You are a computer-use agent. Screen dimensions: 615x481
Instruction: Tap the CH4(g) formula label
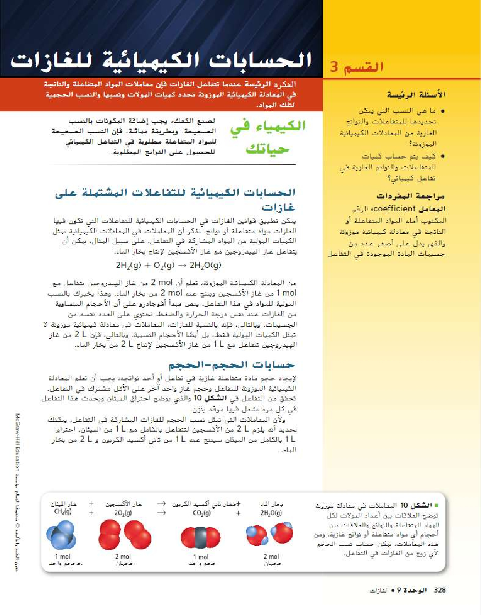[63, 512]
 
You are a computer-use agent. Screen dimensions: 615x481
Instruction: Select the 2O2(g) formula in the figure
[123, 513]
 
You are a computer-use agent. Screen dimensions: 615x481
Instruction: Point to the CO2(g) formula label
[201, 513]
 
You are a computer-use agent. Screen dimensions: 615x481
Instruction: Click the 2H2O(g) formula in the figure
[271, 513]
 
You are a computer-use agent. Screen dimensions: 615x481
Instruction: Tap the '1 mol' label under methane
[63, 556]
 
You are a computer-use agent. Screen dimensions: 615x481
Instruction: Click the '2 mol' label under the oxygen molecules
[123, 556]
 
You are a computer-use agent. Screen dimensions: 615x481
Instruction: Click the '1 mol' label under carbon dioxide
[201, 557]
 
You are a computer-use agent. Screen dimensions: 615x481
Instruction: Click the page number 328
[439, 590]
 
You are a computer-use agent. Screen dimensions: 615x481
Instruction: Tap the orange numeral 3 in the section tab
[334, 67]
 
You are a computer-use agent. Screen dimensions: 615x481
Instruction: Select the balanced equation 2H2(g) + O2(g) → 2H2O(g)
[168, 265]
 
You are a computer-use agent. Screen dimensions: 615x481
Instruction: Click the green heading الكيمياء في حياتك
[268, 137]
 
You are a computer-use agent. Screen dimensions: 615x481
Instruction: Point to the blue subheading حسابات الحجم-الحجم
[231, 365]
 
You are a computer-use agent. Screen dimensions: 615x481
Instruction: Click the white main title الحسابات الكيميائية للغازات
[161, 61]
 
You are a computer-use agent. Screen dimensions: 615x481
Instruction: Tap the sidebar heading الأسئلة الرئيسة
[416, 95]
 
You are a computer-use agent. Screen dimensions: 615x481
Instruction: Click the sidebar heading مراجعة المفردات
[410, 196]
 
